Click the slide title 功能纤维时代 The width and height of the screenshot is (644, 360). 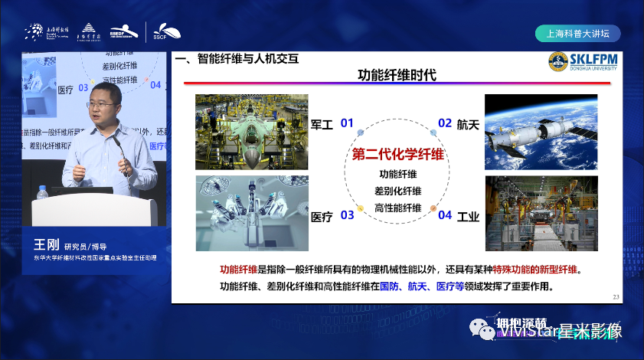click(397, 75)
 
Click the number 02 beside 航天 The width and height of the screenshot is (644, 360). click(445, 123)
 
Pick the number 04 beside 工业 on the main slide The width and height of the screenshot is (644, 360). click(445, 215)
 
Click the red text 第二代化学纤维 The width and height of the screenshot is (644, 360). click(397, 153)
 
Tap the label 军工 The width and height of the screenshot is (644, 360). click(322, 123)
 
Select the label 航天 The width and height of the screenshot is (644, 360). click(468, 123)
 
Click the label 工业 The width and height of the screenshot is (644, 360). click(468, 216)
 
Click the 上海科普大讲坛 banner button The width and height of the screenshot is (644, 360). click(577, 34)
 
